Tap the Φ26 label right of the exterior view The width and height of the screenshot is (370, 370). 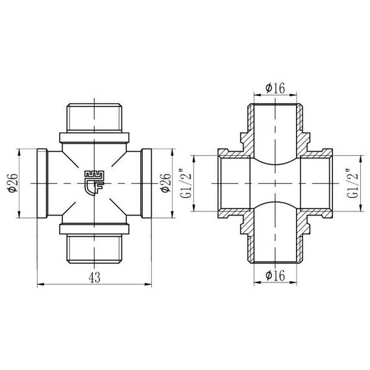(165, 184)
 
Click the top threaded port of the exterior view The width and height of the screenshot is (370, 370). (95, 117)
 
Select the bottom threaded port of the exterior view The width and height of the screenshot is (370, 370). (95, 249)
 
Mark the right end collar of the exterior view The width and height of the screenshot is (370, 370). (147, 184)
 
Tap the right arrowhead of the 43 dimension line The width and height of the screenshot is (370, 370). (149, 284)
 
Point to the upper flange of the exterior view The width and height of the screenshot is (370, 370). (95, 138)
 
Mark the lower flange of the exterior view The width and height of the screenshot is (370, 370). (95, 229)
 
